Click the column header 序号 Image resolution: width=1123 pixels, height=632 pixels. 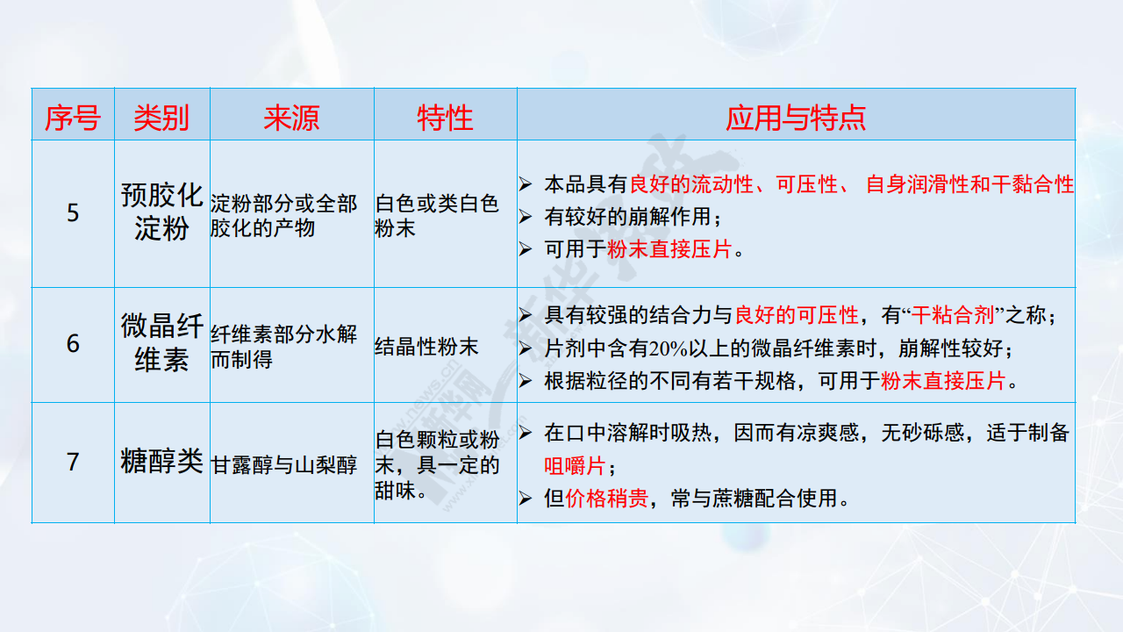pyautogui.click(x=73, y=118)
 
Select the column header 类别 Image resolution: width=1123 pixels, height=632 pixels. pyautogui.click(x=161, y=118)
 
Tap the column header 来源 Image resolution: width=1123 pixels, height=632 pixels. pyautogui.click(x=291, y=118)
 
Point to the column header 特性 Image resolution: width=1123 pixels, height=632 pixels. pyautogui.click(x=445, y=118)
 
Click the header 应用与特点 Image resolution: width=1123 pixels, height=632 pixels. pyautogui.click(x=796, y=118)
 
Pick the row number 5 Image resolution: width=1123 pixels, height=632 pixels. pyautogui.click(x=73, y=212)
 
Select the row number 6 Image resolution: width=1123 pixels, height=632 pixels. pyautogui.click(x=73, y=344)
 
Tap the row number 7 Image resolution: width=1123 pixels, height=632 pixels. pyautogui.click(x=73, y=462)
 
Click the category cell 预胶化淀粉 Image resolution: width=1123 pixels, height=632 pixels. pyautogui.click(x=161, y=212)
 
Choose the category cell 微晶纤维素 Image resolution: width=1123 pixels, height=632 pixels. pyautogui.click(x=161, y=342)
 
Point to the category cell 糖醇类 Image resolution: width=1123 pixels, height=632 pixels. pyautogui.click(x=161, y=461)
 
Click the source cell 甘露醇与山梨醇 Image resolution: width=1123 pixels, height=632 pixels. pyautogui.click(x=283, y=465)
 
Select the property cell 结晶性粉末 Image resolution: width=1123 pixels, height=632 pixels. pyautogui.click(x=426, y=347)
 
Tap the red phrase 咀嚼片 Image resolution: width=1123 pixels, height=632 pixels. pyautogui.click(x=575, y=466)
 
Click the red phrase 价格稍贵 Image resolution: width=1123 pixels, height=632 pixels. pyautogui.click(x=606, y=499)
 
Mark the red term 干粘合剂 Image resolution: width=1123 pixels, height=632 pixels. pyautogui.click(x=953, y=315)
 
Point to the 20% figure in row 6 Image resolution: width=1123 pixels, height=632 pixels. pyautogui.click(x=668, y=348)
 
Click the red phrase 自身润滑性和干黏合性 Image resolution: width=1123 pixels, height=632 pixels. pyautogui.click(x=969, y=184)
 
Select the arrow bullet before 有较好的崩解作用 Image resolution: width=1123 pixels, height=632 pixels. pyautogui.click(x=526, y=217)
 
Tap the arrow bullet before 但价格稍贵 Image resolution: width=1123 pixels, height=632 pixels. pyautogui.click(x=526, y=499)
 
